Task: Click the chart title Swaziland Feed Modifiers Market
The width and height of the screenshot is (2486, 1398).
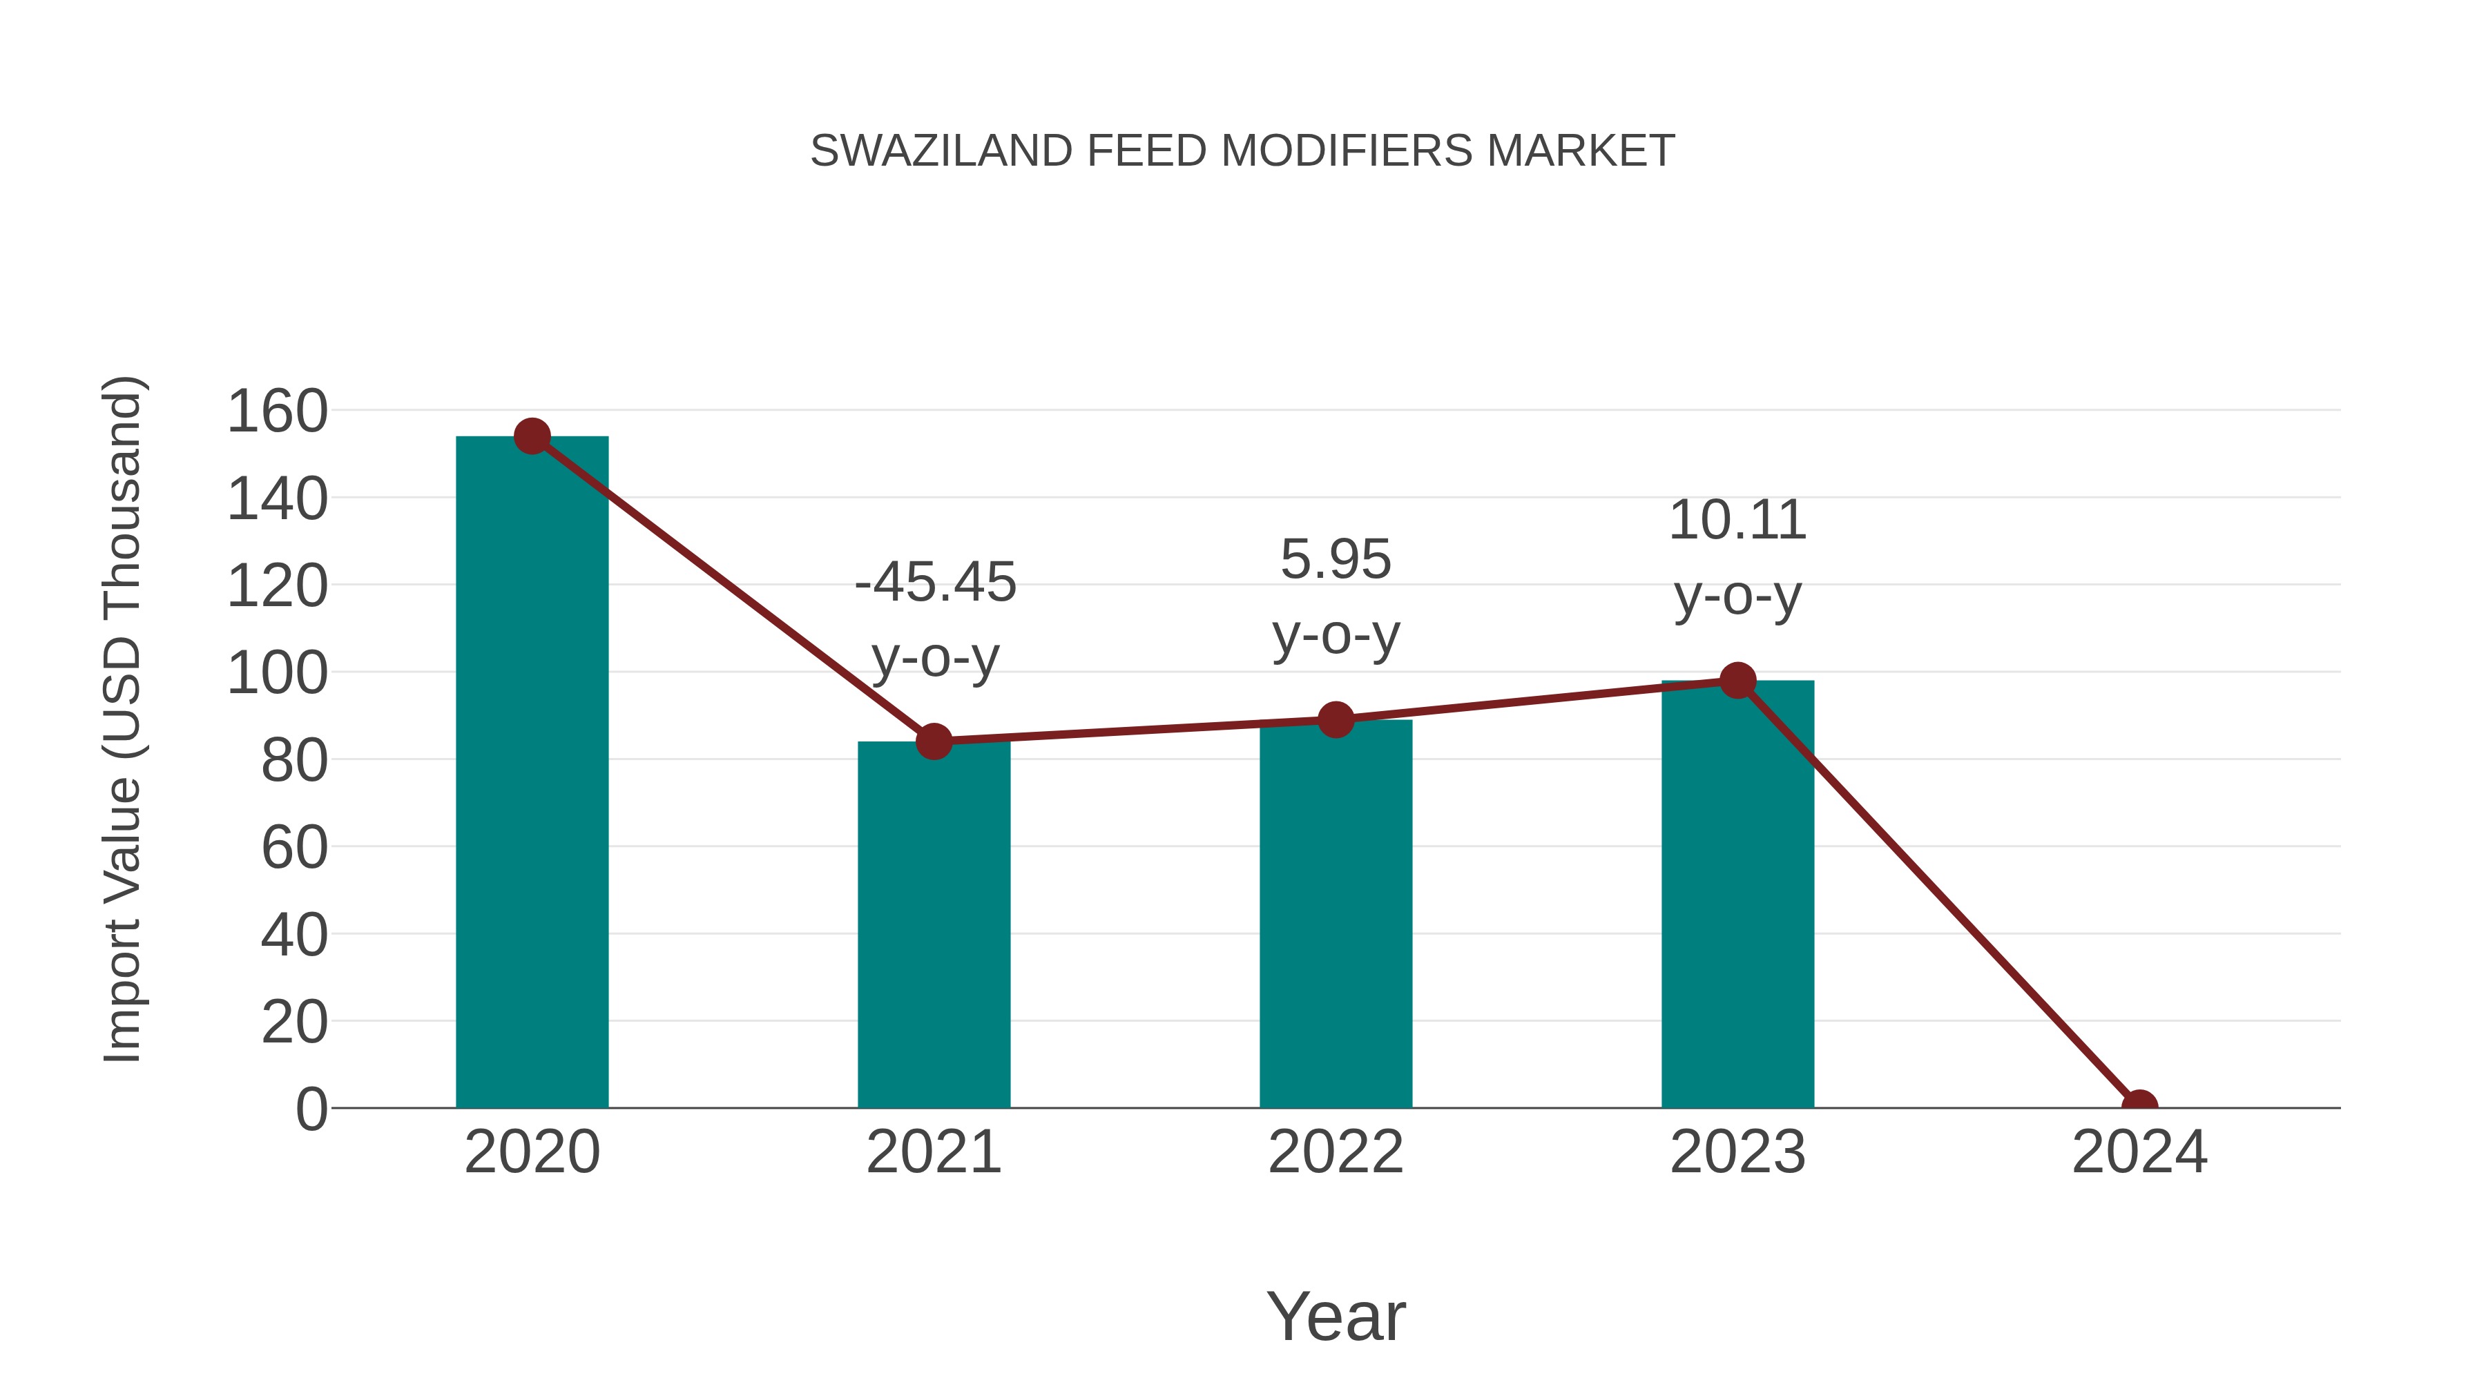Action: (x=1242, y=151)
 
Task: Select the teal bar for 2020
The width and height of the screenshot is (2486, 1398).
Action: (x=532, y=772)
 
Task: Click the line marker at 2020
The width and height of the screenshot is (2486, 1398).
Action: (x=532, y=436)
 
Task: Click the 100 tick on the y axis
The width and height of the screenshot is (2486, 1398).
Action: (x=277, y=672)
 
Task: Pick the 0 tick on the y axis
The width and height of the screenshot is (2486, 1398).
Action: (x=311, y=1109)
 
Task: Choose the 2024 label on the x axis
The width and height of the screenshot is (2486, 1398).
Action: (x=2139, y=1152)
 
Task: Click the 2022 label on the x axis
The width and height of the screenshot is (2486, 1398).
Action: (x=1335, y=1152)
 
